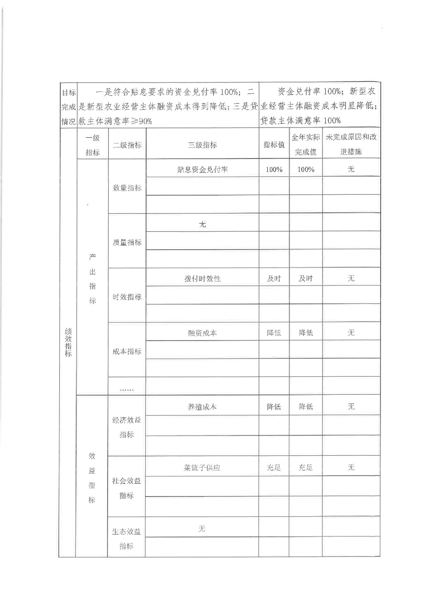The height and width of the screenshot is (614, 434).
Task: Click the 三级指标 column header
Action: pos(202,145)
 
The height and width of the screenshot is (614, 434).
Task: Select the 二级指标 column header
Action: pos(127,145)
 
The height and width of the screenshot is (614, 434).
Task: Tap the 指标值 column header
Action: pos(274,145)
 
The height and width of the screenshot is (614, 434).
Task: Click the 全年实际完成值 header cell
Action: pos(306,145)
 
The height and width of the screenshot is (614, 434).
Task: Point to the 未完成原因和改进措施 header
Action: pos(351,145)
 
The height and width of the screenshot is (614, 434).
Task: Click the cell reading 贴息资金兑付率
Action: pos(202,169)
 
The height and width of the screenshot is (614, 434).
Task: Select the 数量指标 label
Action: pos(127,188)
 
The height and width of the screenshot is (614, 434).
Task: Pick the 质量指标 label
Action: pos(127,242)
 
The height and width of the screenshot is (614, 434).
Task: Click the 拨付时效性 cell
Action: pos(202,279)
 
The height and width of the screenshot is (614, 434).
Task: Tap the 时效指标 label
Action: pos(127,297)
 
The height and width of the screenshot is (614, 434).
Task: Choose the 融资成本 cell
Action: pos(202,333)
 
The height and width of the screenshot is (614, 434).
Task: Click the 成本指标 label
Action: pos(127,351)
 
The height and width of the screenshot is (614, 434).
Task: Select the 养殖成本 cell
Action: pos(202,407)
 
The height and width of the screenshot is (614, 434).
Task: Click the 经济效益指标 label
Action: pos(127,427)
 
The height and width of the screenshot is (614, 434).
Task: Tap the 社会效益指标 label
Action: pos(127,488)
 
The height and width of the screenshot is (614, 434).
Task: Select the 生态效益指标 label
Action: pos(126,539)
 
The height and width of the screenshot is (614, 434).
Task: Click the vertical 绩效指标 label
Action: pos(68,342)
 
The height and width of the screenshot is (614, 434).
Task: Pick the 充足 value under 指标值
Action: pos(274,467)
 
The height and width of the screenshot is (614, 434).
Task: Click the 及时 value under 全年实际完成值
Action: pos(306,279)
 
